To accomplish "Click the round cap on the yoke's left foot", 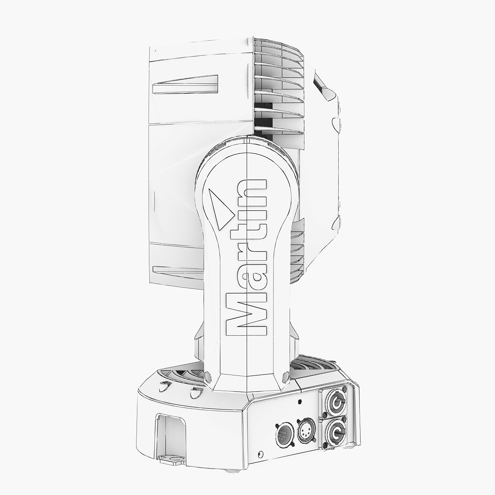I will (x=207, y=376).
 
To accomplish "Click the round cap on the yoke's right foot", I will (x=285, y=377).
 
